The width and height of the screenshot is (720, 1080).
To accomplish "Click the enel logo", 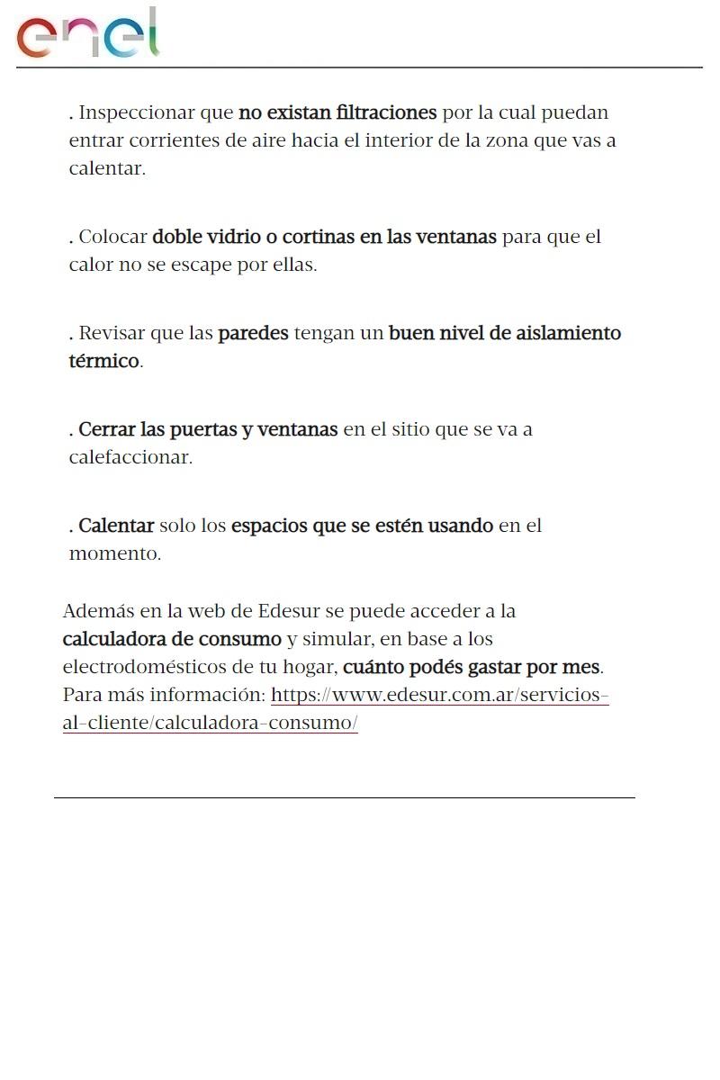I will coord(87,34).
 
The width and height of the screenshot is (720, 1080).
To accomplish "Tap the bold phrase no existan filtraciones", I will coord(337,112).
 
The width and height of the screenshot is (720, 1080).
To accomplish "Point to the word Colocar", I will coord(112,237).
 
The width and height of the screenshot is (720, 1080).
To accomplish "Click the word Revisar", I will coord(112,333).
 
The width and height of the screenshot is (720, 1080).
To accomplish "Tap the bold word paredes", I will coord(253,333).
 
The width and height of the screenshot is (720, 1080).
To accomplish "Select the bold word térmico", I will coord(103,361).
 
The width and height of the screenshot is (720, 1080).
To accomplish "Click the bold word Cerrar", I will coord(105,429).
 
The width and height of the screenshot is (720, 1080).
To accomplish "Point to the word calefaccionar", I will coord(130,457).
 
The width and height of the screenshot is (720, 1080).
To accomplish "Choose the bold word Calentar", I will coord(116,526).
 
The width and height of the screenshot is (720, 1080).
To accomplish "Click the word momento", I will coord(114,553).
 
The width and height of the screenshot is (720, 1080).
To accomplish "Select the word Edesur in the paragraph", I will coord(288,611).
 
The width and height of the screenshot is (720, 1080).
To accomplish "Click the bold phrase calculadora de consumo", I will coord(172,639).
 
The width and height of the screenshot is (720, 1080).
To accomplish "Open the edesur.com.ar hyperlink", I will coord(439,696).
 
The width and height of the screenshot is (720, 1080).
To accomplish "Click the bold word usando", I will coord(460,526).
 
